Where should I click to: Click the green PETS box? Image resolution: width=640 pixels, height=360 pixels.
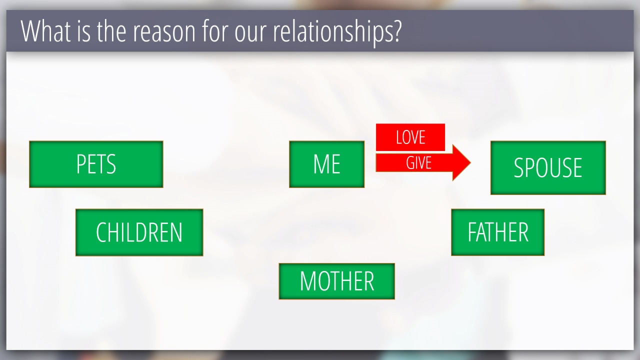tap(96, 164)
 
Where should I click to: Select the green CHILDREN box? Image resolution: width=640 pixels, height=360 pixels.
tap(139, 232)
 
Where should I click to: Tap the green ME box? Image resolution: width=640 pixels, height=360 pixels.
tap(327, 164)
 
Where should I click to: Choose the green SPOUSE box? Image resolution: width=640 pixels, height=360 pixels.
tap(548, 167)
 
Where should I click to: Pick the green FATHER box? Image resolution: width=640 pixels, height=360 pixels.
tap(497, 232)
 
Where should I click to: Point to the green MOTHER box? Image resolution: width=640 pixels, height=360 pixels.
tap(337, 281)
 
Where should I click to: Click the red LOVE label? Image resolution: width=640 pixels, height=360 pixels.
tap(410, 137)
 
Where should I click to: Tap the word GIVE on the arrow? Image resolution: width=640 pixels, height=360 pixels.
tap(419, 163)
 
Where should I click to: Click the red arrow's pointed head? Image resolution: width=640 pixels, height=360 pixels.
tap(470, 163)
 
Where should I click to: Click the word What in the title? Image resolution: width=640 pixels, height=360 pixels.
tap(45, 31)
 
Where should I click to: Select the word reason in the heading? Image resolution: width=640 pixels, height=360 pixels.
tap(164, 33)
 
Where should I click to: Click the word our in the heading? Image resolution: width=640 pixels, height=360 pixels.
tap(250, 33)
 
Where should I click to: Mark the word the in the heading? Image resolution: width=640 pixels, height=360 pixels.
tap(111, 31)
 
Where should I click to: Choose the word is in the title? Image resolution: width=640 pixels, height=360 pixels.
tap(83, 31)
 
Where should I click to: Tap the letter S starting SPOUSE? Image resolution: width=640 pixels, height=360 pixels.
tap(519, 167)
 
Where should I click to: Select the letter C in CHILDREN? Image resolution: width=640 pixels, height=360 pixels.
tap(101, 232)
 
